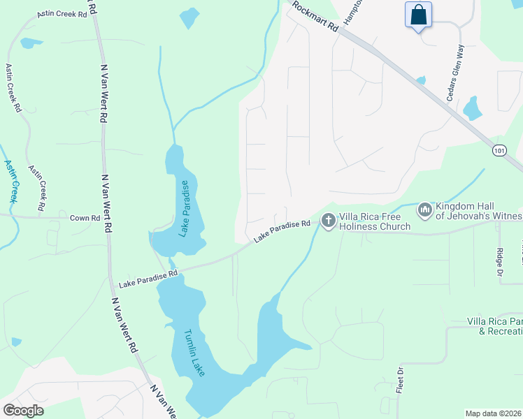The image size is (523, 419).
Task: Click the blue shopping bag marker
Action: click(418, 15)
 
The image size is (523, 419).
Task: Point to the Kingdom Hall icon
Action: click(424, 210)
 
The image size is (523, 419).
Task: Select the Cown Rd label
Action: click(85, 218)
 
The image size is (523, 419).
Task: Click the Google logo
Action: click(23, 411)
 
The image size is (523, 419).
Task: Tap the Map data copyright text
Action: click(493, 413)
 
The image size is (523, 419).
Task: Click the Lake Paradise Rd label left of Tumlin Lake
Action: click(148, 279)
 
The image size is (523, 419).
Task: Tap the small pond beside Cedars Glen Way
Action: click(473, 108)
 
